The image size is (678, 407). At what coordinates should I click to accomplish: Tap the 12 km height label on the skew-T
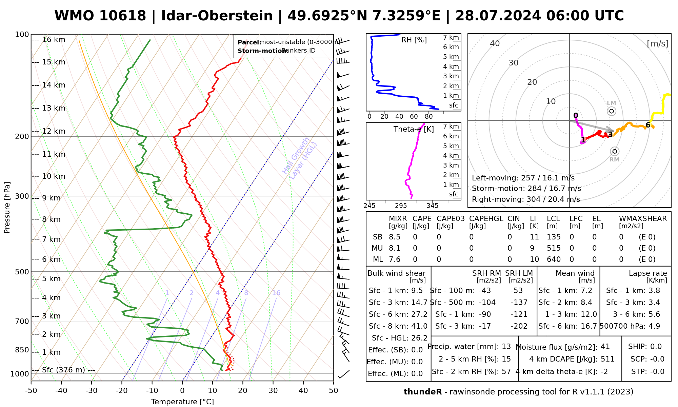coord(54,131)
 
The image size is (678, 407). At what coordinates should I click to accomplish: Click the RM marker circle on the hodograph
coord(615,151)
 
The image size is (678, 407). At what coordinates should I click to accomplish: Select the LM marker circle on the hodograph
coord(612,111)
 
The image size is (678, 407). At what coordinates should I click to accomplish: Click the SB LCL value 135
coord(554,237)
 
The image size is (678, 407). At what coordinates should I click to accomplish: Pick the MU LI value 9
coord(532,248)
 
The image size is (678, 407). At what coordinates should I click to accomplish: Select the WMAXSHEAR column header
coord(643,219)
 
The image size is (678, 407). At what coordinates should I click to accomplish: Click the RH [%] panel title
coord(414,40)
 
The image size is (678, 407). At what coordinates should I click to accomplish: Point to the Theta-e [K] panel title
coord(414,129)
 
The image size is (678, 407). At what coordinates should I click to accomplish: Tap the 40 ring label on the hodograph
coord(495,43)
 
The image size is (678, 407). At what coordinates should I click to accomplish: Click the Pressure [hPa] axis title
coord(7,208)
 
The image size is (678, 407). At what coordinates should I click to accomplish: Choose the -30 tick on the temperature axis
coord(92,391)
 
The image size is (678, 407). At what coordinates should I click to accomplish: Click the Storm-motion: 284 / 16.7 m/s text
coord(526,189)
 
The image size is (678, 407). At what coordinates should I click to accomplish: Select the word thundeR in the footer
coord(423,392)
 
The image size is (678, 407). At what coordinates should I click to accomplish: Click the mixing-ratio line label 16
coord(276,293)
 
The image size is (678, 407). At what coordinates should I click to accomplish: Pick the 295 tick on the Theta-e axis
coord(401,206)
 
